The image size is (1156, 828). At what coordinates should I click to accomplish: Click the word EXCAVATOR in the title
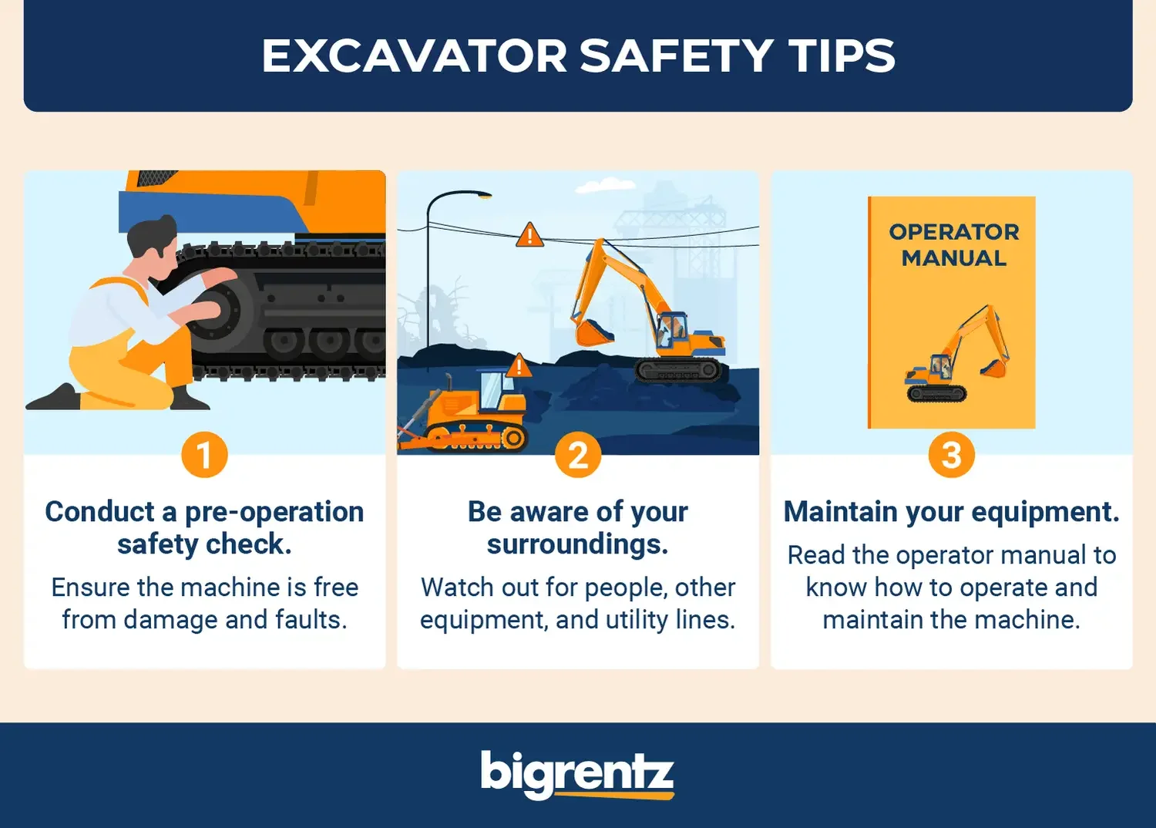coord(414,56)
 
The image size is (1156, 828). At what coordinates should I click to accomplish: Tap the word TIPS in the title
coord(842,56)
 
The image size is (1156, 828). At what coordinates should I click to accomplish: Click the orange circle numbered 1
coord(204,455)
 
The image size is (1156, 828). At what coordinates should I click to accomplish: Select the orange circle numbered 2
coord(578,455)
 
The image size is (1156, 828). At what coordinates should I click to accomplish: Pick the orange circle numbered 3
coord(951,455)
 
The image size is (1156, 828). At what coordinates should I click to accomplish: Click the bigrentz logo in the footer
coord(577,774)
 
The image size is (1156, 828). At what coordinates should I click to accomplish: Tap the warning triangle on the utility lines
coord(529,235)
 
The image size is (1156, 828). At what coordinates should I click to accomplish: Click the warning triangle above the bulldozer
coord(519,365)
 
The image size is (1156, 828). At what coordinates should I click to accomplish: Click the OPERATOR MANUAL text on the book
coord(953,245)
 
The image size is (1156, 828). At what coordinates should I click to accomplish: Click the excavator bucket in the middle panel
coord(591,332)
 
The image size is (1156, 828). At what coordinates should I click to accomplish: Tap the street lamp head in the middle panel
coord(484,196)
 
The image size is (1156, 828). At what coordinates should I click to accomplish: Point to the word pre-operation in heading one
coord(274,512)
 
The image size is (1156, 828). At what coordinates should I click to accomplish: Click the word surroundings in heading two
coord(577,544)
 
